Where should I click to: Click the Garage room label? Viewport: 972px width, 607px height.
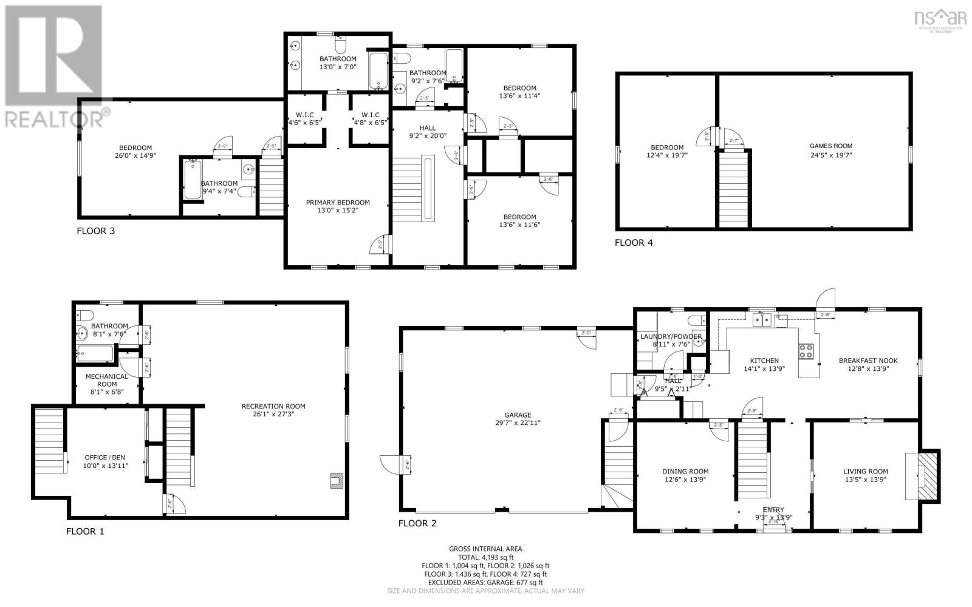pyautogui.click(x=516, y=415)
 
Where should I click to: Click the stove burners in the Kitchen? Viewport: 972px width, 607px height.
pyautogui.click(x=806, y=351)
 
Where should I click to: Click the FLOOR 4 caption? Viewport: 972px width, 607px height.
pyautogui.click(x=634, y=243)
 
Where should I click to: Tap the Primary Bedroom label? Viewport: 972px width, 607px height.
pyautogui.click(x=338, y=203)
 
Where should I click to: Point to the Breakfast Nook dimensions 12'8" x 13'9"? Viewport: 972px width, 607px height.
pyautogui.click(x=868, y=368)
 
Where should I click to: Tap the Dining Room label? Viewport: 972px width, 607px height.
pyautogui.click(x=685, y=471)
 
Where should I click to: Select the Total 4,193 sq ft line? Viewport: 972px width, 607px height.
pyautogui.click(x=485, y=557)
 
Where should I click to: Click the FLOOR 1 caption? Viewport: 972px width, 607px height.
pyautogui.click(x=85, y=531)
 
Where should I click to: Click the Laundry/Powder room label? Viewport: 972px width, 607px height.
pyautogui.click(x=671, y=336)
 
